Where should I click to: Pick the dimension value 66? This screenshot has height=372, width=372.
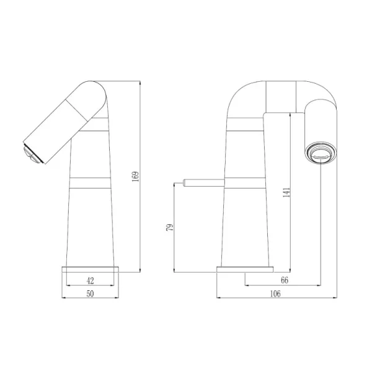(x=284, y=280)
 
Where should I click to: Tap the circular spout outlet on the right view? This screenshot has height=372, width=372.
(x=321, y=153)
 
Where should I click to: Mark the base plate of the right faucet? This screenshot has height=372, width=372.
(x=245, y=268)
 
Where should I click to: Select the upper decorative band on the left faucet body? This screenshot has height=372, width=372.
(x=93, y=132)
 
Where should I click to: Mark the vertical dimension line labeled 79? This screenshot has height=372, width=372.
(x=175, y=228)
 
